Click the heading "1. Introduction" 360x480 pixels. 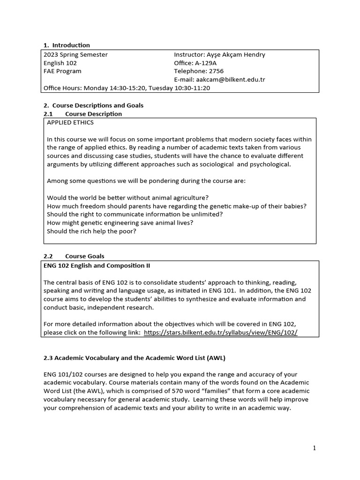click(67, 45)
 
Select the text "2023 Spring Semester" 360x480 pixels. click(75, 54)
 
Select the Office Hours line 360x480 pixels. click(127, 88)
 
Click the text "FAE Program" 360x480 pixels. click(62, 71)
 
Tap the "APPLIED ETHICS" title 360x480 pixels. click(70, 122)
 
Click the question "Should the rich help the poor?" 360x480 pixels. click(92, 231)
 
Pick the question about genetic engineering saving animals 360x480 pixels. click(120, 223)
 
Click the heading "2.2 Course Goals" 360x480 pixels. click(74, 256)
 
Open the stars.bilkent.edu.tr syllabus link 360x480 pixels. click(221, 332)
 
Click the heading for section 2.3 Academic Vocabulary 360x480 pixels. click(135, 358)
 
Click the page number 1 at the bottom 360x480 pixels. click(315, 448)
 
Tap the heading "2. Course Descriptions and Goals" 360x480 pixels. click(93, 105)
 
